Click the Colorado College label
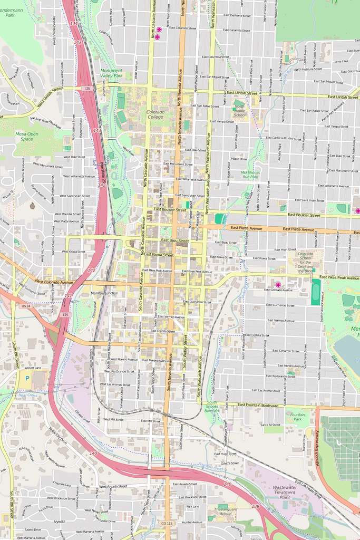155,115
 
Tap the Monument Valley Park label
111,73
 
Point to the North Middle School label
240,111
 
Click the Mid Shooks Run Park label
250,175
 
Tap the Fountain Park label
298,417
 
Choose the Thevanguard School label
226,510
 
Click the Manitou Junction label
104,293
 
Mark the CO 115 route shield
167,523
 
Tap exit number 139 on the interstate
256,506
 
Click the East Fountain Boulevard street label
258,405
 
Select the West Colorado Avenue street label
54,282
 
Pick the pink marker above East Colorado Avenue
278,285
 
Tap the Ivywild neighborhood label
59,521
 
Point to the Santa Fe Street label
270,425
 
